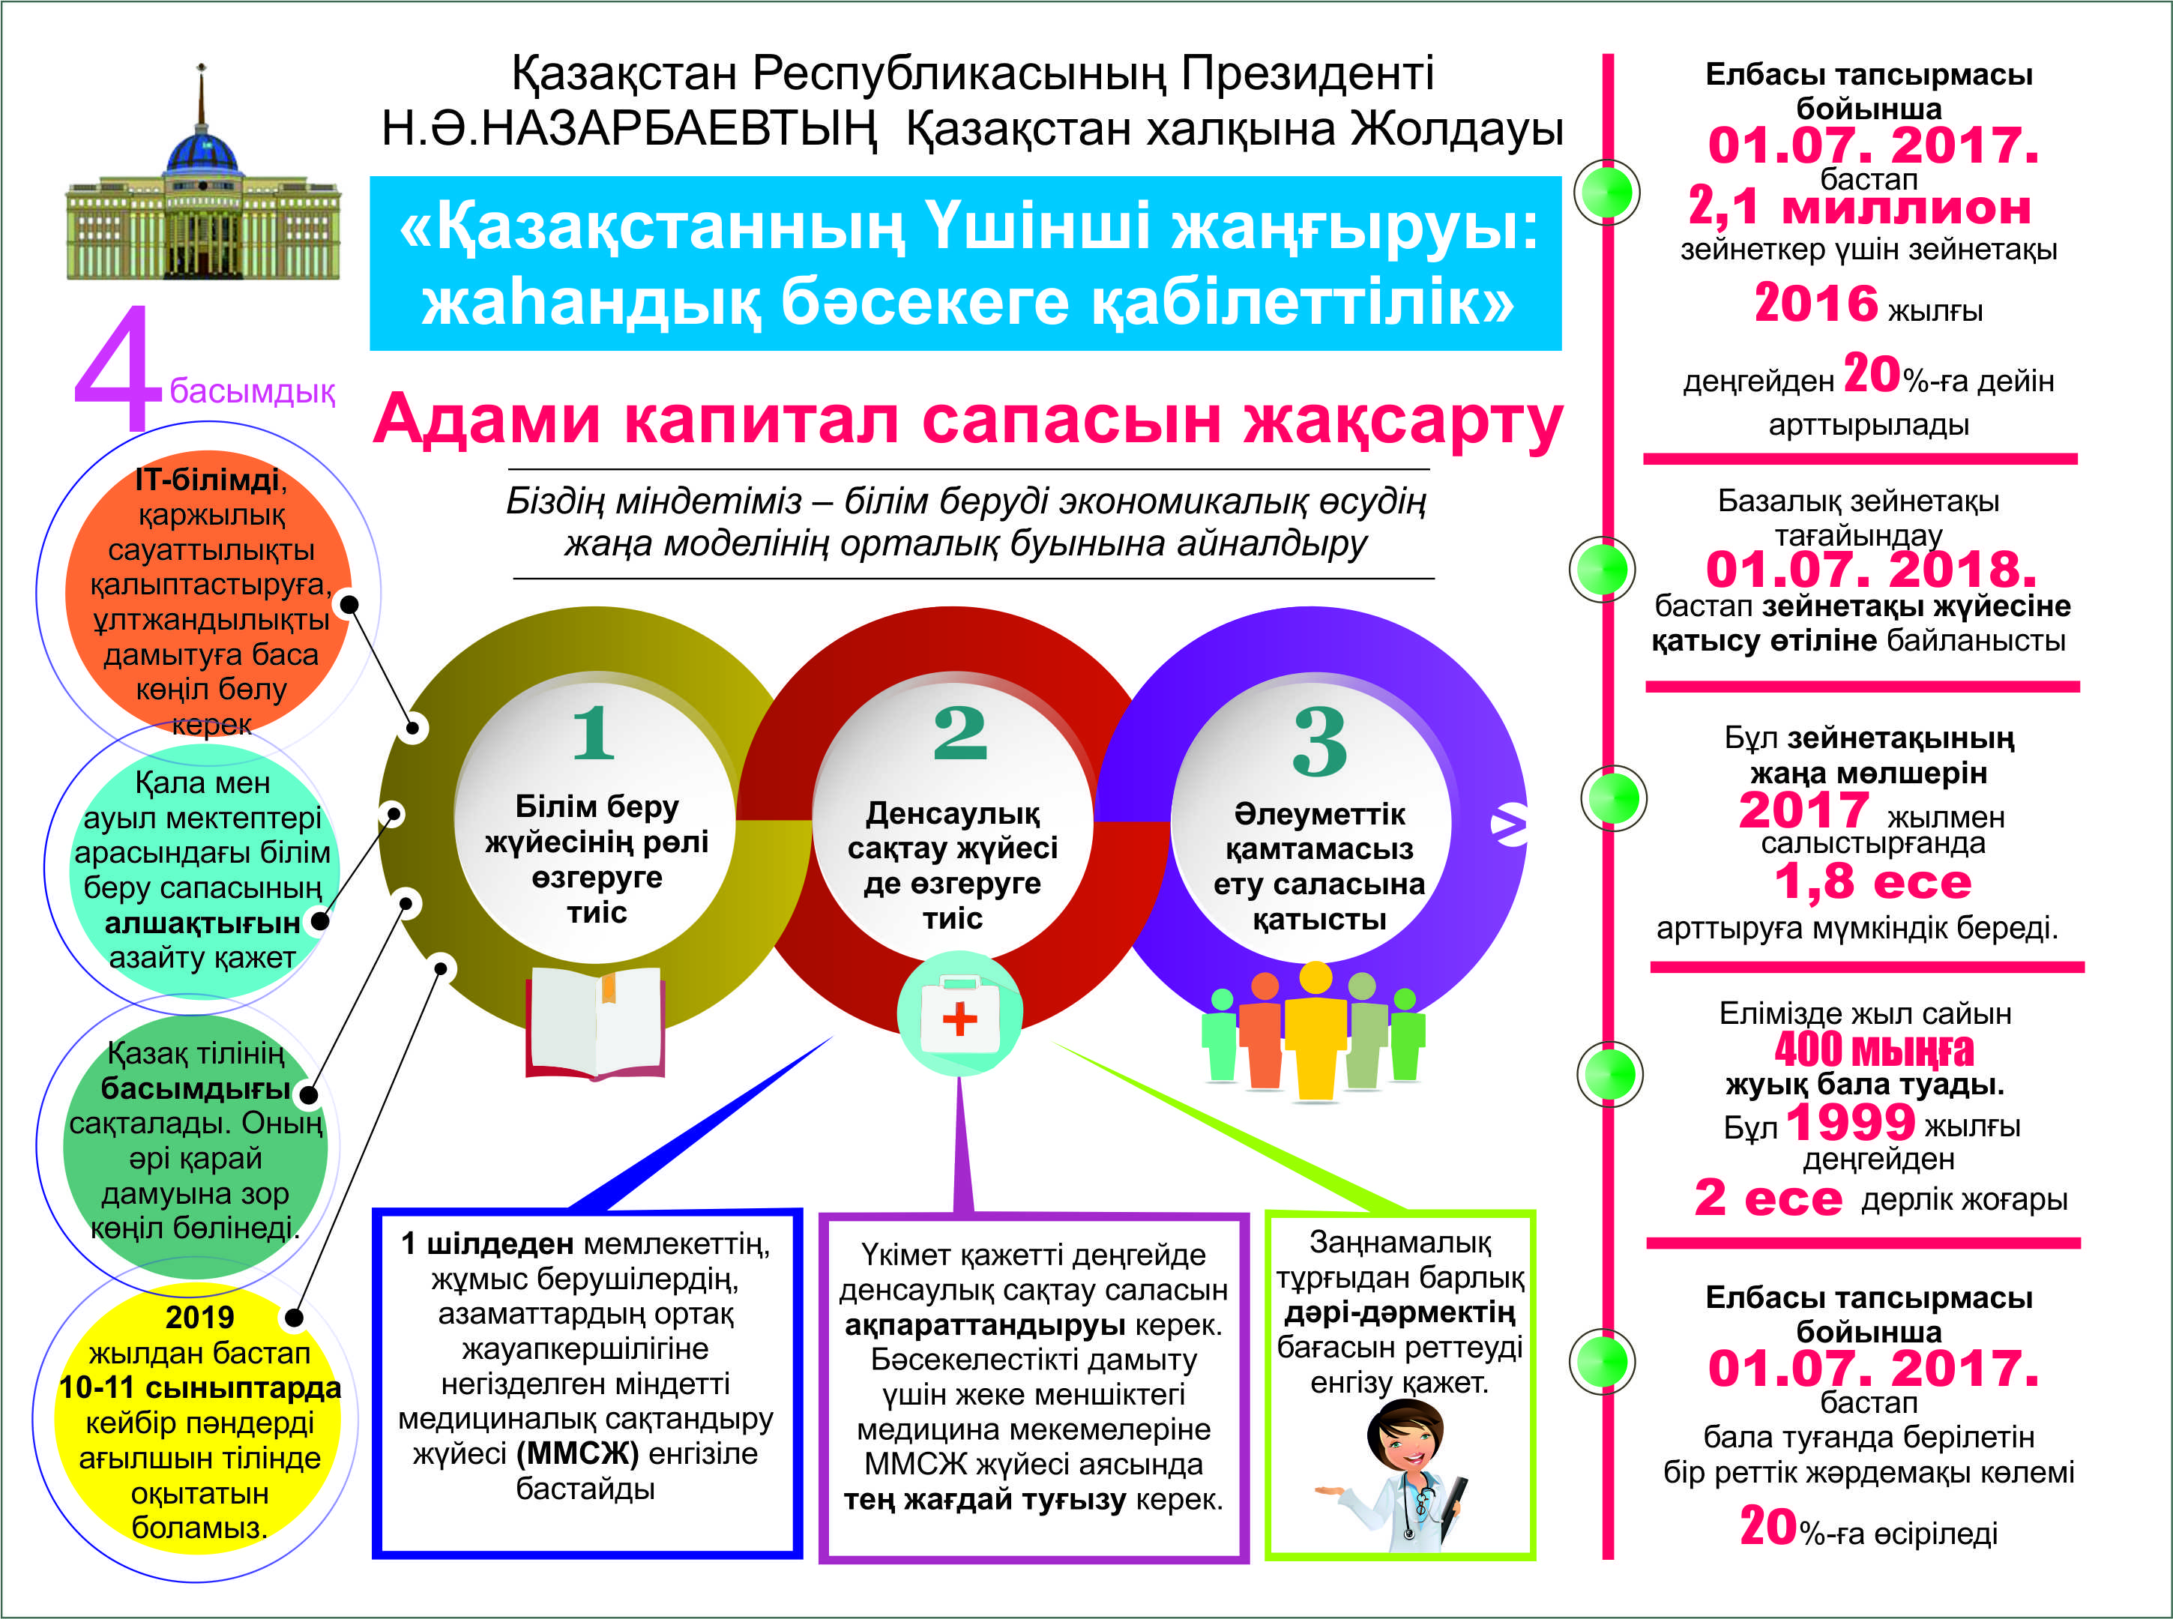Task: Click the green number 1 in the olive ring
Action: pos(594,732)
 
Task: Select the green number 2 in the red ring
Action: pos(959,732)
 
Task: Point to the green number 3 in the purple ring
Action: pos(1319,742)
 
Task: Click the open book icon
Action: pos(595,1022)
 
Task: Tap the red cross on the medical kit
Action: pos(959,1019)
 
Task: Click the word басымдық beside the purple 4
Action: pos(252,392)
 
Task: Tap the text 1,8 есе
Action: pos(1872,882)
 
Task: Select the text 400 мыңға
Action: pos(1873,1049)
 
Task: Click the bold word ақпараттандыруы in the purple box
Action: pos(984,1326)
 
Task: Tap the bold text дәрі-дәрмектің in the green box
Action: pos(1399,1312)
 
